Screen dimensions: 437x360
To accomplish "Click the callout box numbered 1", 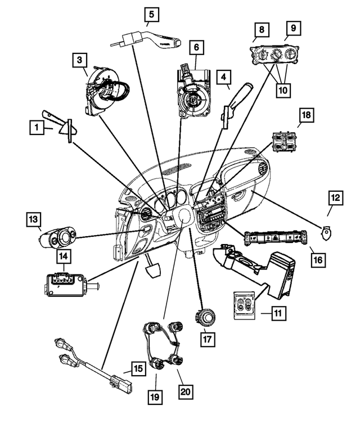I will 37,129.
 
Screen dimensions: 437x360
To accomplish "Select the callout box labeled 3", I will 80,59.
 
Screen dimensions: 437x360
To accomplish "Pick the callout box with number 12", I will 335,198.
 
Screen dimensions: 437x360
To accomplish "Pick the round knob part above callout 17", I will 206,318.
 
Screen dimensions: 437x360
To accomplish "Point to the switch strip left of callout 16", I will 274,240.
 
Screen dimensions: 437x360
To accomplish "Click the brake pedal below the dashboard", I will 153,268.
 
